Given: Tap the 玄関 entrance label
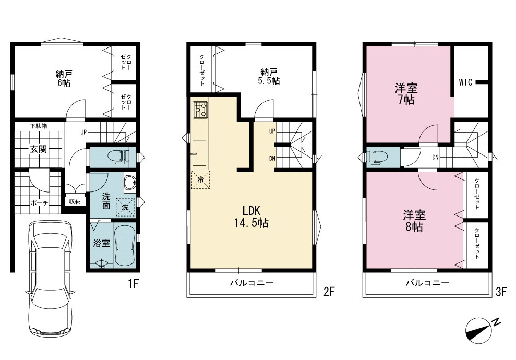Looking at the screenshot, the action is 39,149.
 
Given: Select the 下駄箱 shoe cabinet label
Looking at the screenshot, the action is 39,126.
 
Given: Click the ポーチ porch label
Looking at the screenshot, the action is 39,203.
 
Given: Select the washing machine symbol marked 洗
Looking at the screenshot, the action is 125,207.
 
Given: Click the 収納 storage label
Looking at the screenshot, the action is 75,201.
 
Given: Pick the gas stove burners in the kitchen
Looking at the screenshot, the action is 200,110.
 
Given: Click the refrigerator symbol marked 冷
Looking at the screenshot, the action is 200,179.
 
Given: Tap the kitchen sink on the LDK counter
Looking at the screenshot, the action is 199,153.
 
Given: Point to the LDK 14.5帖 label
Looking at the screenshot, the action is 251,217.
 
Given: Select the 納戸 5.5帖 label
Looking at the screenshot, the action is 269,76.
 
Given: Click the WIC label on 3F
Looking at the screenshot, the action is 465,82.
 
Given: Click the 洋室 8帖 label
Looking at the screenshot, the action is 414,221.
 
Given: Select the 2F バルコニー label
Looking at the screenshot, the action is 251,283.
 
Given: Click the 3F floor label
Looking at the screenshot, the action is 501,292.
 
